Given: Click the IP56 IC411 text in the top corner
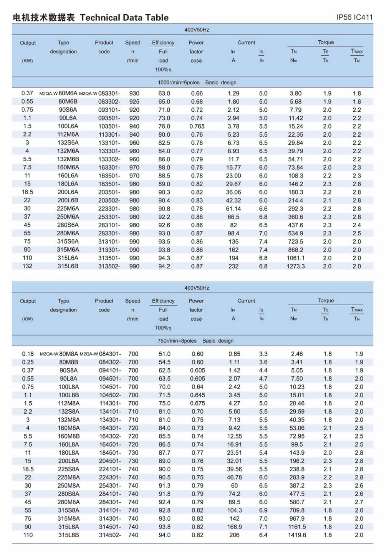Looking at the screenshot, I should point(354,17).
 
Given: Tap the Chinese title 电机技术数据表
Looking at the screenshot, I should point(44,18).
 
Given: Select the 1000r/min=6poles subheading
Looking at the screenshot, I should point(179,83).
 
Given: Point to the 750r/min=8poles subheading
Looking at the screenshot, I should point(177,341).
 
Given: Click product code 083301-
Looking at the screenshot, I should point(109,93).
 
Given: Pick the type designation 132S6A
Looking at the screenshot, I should point(68,143).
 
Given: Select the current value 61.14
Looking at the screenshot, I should point(233,209).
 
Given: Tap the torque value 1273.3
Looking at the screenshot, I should point(296,266).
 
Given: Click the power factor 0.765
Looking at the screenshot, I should point(197,126).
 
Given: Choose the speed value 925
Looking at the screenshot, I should point(134,102).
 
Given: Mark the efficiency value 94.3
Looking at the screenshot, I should point(164,258).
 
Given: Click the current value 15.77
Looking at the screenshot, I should point(233,167).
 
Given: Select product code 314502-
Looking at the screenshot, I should point(110,535).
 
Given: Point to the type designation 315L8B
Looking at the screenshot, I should point(69,535).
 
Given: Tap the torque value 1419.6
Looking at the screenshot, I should point(297,535).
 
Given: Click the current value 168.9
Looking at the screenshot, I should point(235,527).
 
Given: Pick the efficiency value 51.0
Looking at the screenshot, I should point(165,354).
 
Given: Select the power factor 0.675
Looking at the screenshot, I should point(198,403).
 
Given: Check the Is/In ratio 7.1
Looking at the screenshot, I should point(263,527).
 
